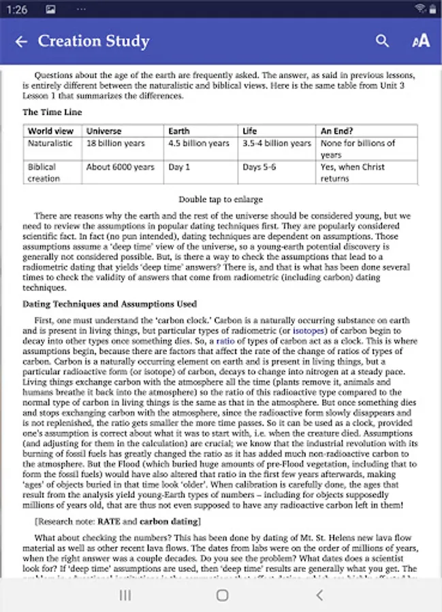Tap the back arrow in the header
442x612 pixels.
[x=21, y=41]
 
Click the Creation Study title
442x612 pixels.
[x=93, y=41]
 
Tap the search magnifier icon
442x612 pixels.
[x=383, y=41]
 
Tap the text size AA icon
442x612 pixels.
[x=421, y=41]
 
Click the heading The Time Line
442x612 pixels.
[x=52, y=112]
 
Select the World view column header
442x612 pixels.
[x=50, y=131]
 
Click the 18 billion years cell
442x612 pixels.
[x=115, y=143]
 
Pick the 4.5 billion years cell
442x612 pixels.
[x=199, y=143]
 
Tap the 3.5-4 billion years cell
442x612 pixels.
[x=277, y=143]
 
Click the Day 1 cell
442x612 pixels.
[x=179, y=167]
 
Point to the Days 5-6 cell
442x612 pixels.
[x=259, y=167]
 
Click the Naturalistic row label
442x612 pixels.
[x=50, y=143]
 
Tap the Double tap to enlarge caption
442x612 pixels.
[x=221, y=199]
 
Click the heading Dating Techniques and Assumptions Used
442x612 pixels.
[x=110, y=304]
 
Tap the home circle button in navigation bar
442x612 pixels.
[x=222, y=595]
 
